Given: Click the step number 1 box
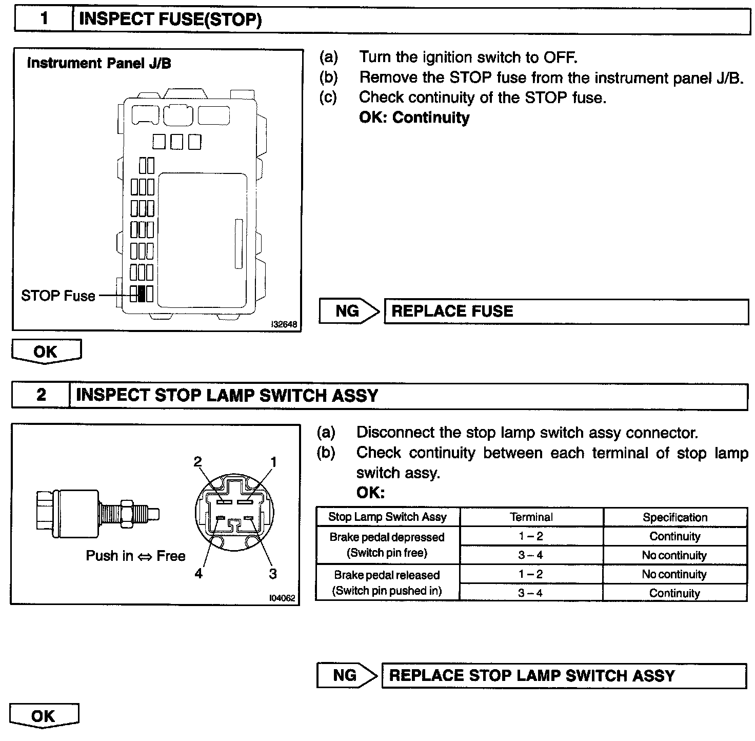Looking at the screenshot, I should (44, 19).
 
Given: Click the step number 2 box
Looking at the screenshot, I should (41, 395).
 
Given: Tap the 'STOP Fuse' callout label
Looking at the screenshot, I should (58, 296).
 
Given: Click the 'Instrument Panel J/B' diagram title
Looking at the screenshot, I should (99, 63).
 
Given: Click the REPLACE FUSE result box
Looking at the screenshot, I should (566, 311).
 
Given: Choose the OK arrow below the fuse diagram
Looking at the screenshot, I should (46, 352).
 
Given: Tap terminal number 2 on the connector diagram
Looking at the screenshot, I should (198, 461).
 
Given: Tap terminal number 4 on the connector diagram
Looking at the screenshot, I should (198, 573).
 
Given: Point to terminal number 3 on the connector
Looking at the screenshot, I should (273, 573).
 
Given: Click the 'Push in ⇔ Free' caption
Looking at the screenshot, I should (135, 556).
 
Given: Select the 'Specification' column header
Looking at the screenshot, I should (674, 517).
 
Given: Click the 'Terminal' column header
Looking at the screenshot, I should (531, 517).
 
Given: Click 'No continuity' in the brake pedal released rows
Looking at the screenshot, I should (674, 574).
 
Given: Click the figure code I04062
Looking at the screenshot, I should (282, 598).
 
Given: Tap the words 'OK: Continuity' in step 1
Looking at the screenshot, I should (414, 118).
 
